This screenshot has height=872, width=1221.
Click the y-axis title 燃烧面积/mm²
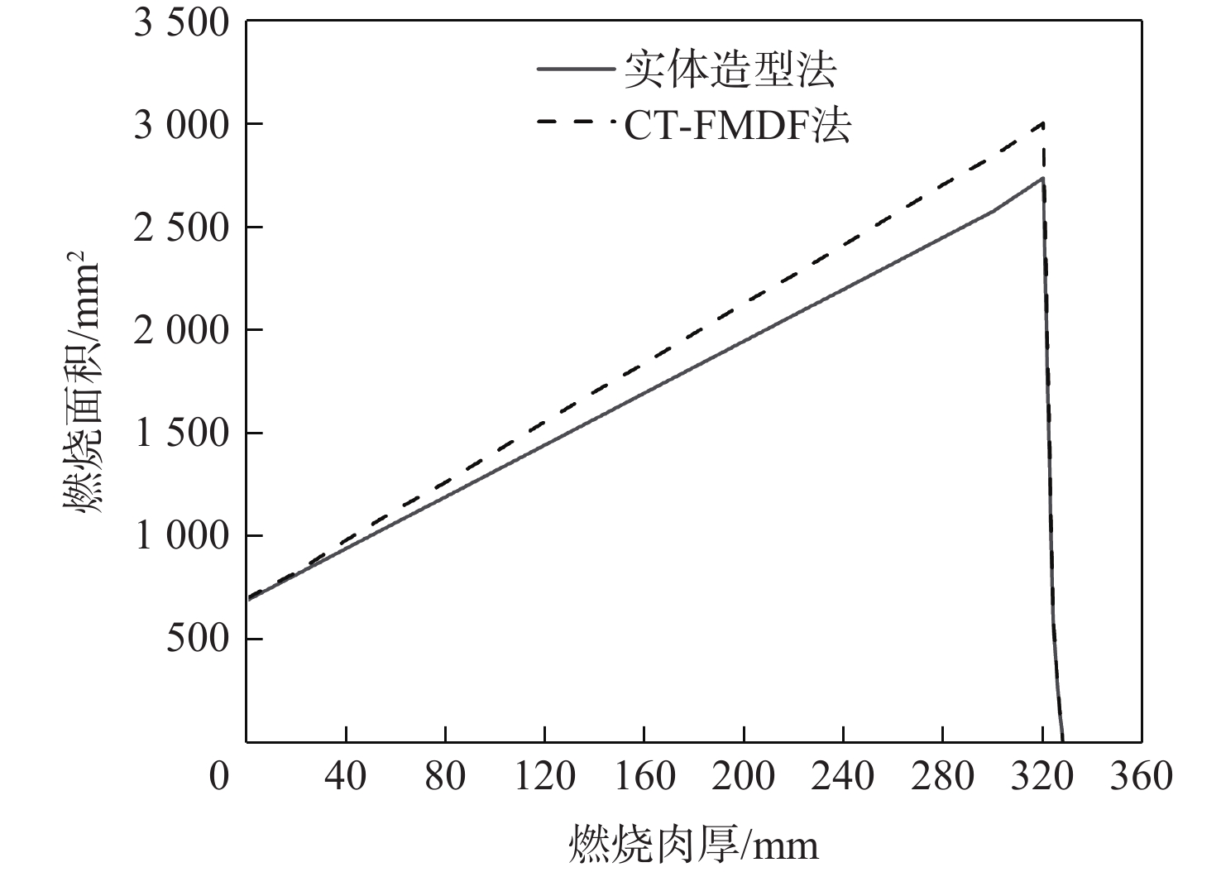tap(82, 380)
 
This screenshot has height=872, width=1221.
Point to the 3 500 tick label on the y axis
tap(180, 22)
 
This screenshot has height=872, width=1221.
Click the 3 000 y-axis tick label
tap(180, 125)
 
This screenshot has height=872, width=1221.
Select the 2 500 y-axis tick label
tap(180, 228)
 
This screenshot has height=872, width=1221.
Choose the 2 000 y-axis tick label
tap(180, 331)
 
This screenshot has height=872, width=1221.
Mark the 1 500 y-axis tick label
tap(180, 434)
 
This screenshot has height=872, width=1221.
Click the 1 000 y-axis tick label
tap(180, 536)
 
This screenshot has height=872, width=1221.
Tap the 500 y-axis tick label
tap(197, 639)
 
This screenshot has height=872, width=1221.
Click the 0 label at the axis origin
tap(218, 777)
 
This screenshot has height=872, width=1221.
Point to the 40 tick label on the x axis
tap(346, 777)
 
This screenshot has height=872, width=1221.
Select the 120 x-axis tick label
tap(544, 777)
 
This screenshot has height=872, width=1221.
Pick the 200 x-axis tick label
tap(744, 777)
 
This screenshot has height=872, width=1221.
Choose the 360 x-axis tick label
tap(1142, 777)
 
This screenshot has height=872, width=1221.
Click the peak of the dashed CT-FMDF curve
tap(1043, 123)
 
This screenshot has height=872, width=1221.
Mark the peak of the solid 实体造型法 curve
tap(1042, 178)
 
